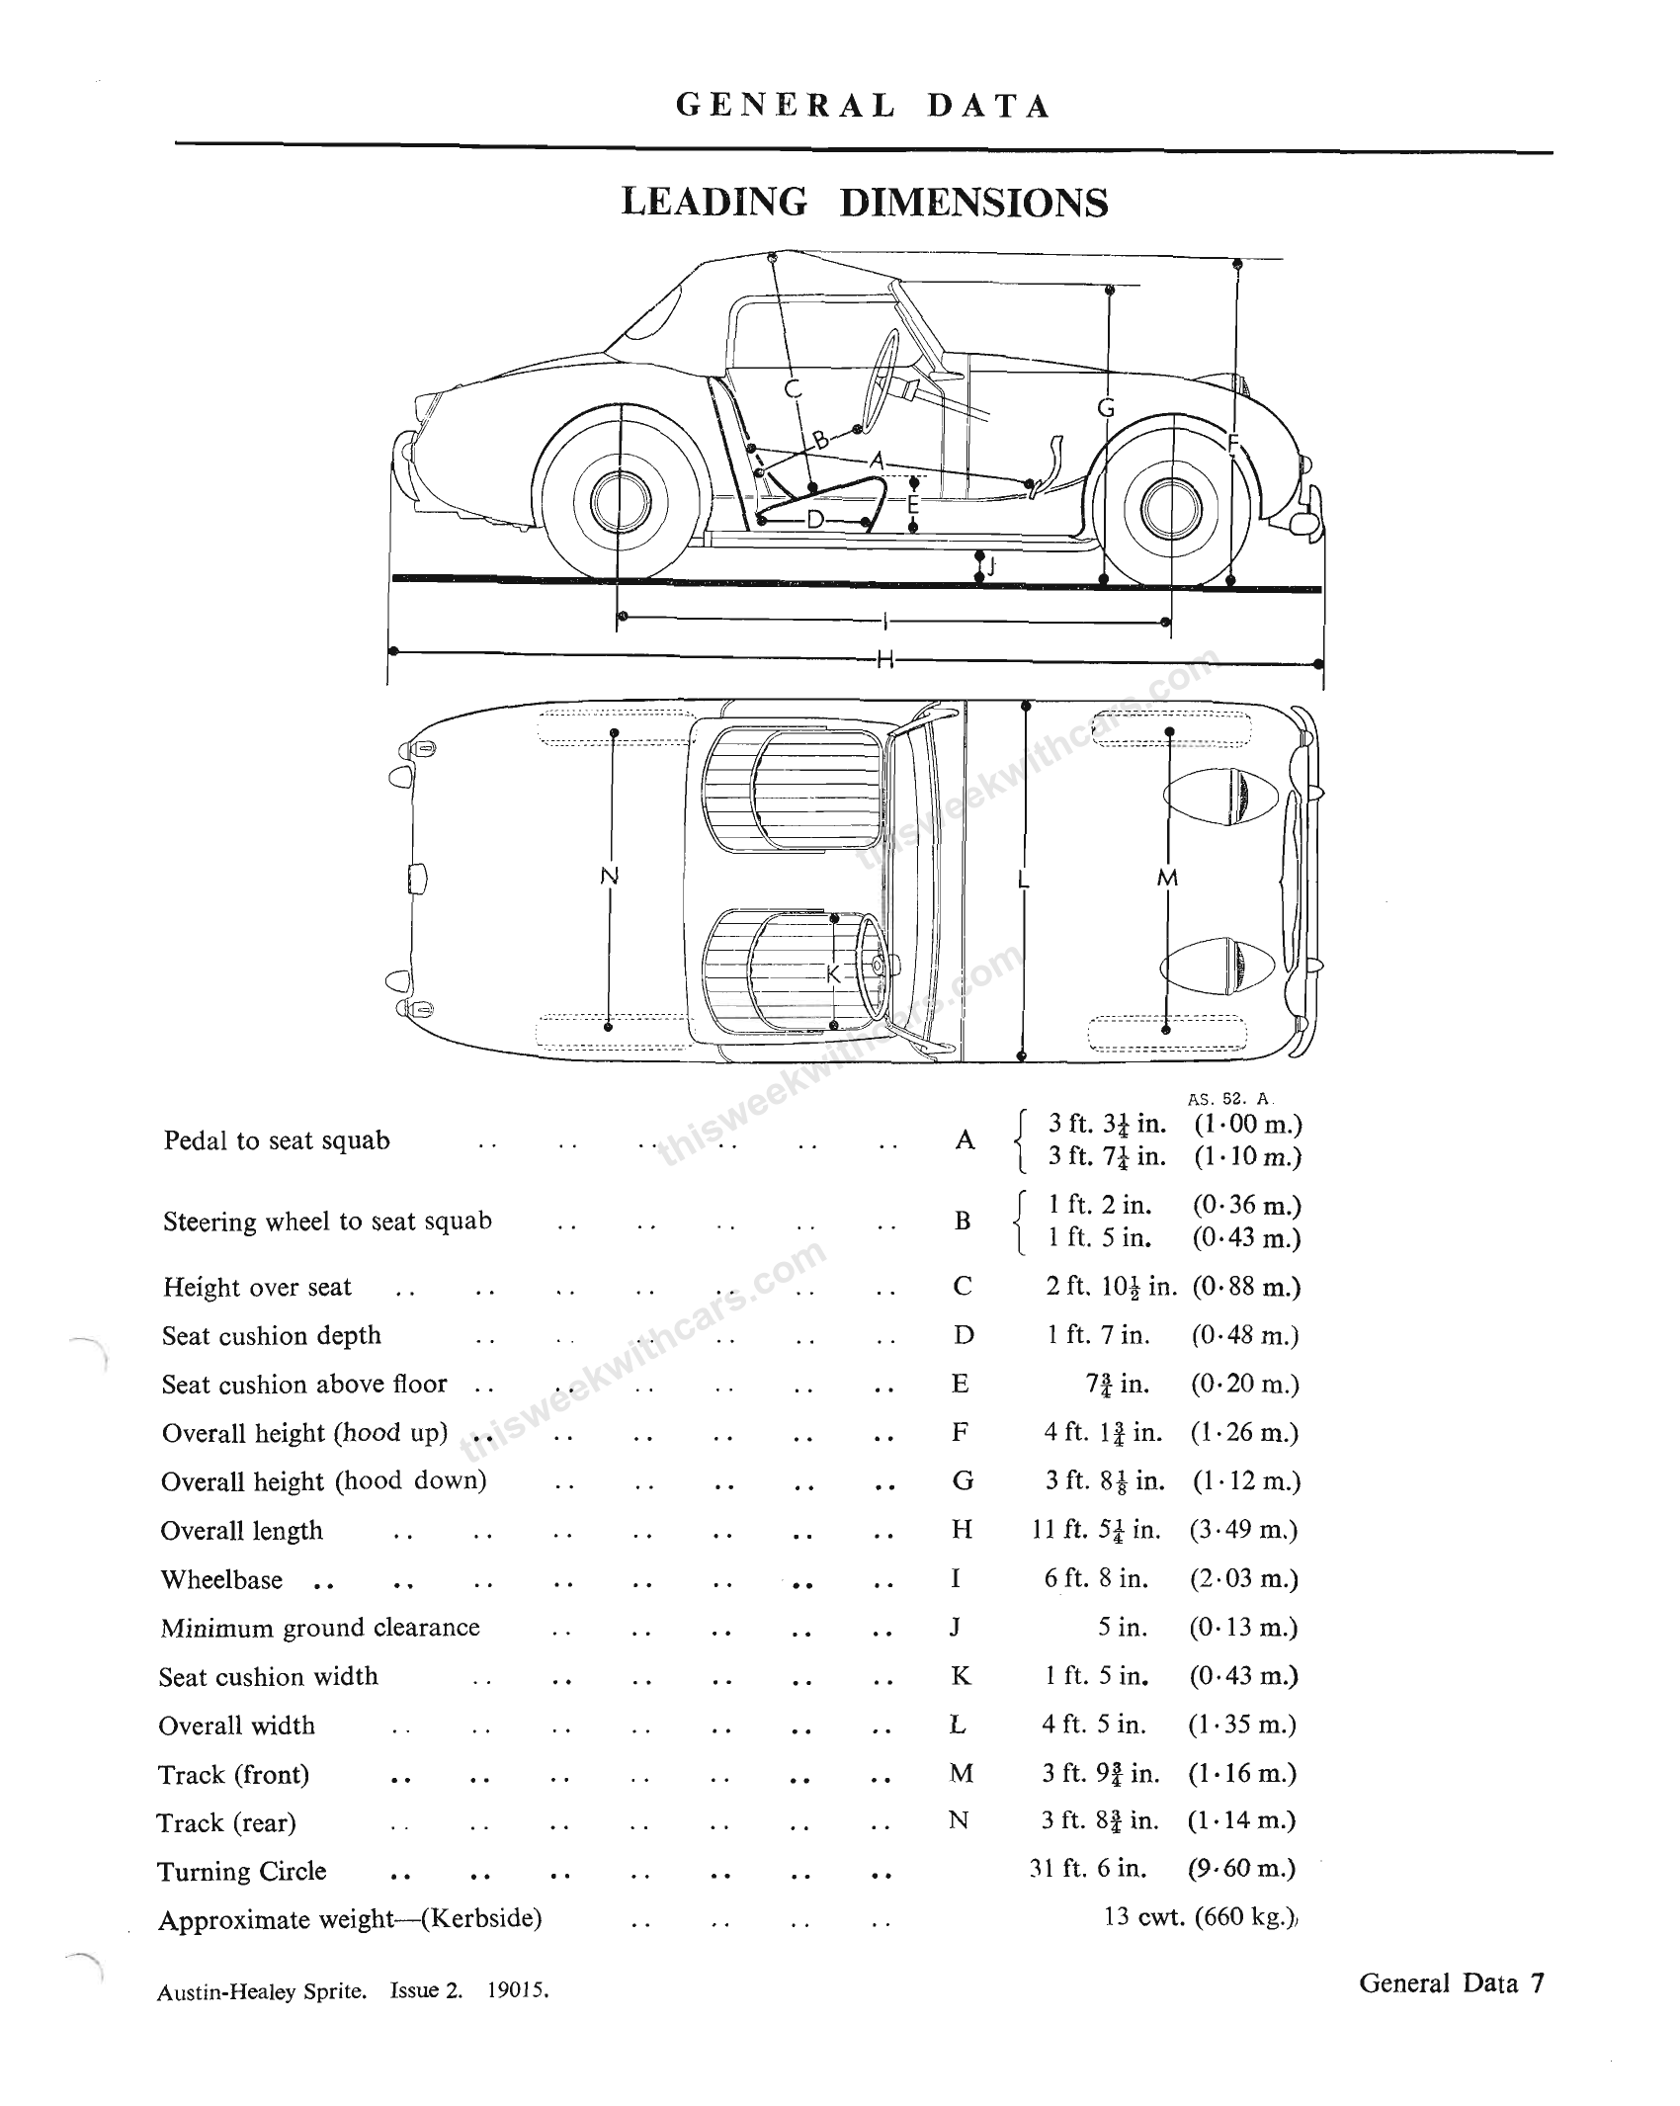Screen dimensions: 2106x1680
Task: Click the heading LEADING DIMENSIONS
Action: click(864, 203)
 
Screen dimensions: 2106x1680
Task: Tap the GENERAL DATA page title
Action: click(863, 106)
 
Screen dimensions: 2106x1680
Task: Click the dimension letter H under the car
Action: click(884, 659)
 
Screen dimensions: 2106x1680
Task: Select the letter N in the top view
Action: click(610, 876)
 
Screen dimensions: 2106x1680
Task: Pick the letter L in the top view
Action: click(1024, 880)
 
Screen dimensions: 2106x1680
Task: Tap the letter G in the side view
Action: click(1106, 407)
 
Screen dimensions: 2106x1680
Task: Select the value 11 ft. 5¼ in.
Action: click(1096, 1530)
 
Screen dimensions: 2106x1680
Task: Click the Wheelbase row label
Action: click(221, 1579)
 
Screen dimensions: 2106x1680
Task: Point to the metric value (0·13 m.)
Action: click(1243, 1627)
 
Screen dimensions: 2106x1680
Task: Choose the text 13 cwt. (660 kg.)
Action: click(1199, 1917)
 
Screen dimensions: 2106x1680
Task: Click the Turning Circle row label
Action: click(242, 1871)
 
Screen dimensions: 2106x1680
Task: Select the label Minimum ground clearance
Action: click(320, 1628)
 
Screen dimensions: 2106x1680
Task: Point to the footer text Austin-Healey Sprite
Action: click(262, 1992)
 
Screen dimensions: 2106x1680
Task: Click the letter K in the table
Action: click(961, 1676)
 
